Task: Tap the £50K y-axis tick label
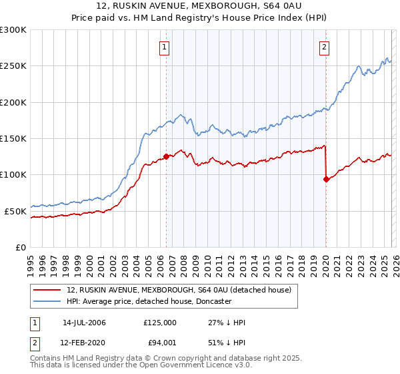pyautogui.click(x=16, y=211)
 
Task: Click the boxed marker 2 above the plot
pyautogui.click(x=325, y=47)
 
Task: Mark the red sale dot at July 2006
pyautogui.click(x=166, y=157)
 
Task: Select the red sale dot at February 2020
pyautogui.click(x=326, y=179)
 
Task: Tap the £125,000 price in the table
pyautogui.click(x=160, y=323)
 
